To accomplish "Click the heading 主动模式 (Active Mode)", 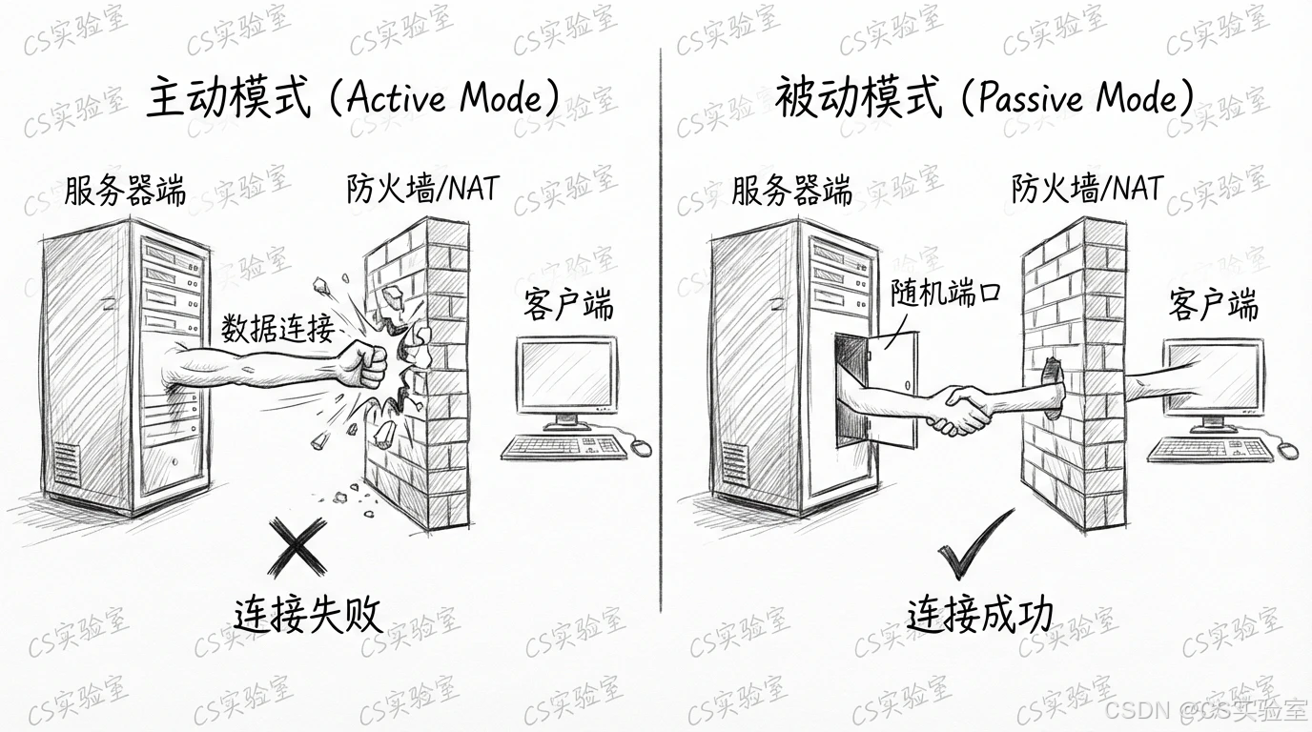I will pos(353,98).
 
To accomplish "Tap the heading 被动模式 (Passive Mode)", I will pos(983,98).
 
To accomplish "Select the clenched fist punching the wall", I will pos(363,362).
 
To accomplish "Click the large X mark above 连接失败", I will pos(297,546).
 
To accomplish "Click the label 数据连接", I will pos(277,329).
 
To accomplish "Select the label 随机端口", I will pos(946,293).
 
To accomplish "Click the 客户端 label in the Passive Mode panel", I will pos(1213,306).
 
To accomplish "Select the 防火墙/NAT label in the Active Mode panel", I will pos(422,189).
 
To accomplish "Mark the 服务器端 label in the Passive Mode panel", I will pos(791,191).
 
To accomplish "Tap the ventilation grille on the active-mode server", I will pos(67,465).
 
